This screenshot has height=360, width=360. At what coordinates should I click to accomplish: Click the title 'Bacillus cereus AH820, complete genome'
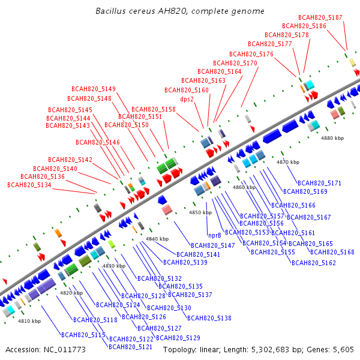(180, 11)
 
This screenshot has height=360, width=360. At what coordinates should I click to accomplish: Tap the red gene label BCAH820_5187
(320, 17)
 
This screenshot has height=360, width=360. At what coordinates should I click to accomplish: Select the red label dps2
(187, 99)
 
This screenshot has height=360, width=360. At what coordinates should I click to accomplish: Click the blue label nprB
(215, 235)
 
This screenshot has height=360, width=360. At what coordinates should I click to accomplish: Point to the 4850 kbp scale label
(200, 212)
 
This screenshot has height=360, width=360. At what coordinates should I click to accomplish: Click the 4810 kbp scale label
(29, 321)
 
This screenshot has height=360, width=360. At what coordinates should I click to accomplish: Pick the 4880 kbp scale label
(332, 138)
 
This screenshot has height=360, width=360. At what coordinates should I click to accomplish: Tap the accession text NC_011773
(65, 350)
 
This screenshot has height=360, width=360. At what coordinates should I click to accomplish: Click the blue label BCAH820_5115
(83, 335)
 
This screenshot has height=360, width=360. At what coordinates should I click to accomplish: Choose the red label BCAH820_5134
(29, 185)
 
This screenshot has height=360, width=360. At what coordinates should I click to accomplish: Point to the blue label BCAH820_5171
(319, 183)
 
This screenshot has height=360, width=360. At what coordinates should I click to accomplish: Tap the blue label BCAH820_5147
(213, 245)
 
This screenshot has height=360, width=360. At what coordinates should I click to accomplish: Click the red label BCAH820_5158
(154, 109)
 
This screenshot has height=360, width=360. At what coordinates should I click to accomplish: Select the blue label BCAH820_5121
(130, 347)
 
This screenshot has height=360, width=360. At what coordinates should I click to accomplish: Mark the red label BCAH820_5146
(98, 142)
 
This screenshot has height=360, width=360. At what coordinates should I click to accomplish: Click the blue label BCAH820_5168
(332, 252)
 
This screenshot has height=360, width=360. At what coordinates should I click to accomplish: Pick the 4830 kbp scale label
(114, 266)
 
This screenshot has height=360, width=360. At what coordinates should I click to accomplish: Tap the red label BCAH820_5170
(235, 63)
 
